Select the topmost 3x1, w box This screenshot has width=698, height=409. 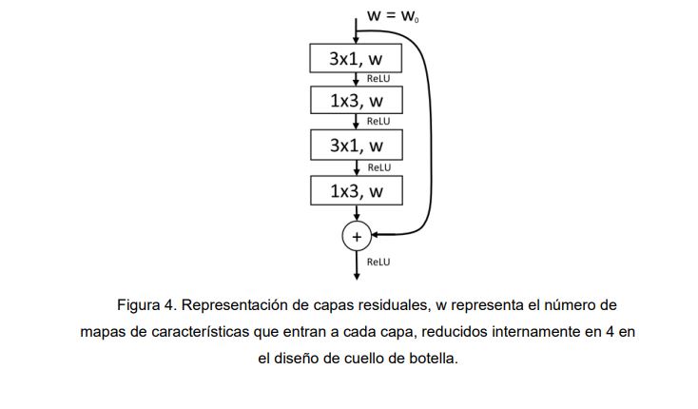tap(357, 58)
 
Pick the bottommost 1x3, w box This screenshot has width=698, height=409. tap(357, 191)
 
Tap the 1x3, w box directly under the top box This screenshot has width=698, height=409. tap(357, 101)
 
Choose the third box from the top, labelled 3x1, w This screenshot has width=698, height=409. tap(357, 146)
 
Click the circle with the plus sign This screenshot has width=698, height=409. tap(357, 236)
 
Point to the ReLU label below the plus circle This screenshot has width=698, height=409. tap(378, 262)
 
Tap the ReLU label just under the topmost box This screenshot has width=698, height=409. tap(378, 79)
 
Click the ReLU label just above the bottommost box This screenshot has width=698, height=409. tap(378, 167)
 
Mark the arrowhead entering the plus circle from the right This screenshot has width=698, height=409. tap(376, 234)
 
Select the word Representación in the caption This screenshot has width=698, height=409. tap(238, 305)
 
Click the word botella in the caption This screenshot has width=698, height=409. tap(433, 360)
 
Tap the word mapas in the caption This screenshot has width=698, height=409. tap(101, 332)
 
